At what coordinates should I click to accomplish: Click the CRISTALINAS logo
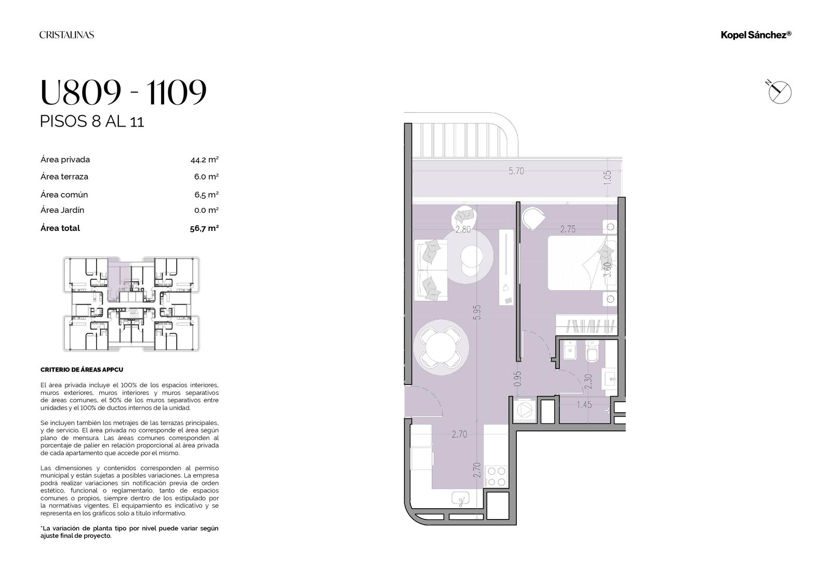[x=67, y=35]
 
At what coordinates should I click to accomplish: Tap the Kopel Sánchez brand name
[x=756, y=35]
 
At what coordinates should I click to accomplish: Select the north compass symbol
[x=779, y=91]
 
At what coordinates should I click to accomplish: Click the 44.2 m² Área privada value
[x=205, y=160]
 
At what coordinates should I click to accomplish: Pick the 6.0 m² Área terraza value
[x=206, y=176]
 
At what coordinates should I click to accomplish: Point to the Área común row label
[x=64, y=194]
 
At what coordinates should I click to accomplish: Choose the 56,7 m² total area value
[x=204, y=228]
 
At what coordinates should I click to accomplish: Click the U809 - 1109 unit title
[x=123, y=91]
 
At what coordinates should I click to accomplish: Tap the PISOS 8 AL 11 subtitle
[x=92, y=121]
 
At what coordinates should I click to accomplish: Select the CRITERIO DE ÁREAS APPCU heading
[x=82, y=370]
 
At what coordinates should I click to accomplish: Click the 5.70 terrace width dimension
[x=516, y=171]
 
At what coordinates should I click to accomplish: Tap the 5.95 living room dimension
[x=477, y=312]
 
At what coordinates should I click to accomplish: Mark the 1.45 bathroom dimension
[x=584, y=404]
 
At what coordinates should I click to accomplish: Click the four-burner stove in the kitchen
[x=497, y=476]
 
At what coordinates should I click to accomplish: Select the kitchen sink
[x=460, y=499]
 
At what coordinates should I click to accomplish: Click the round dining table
[x=441, y=347]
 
